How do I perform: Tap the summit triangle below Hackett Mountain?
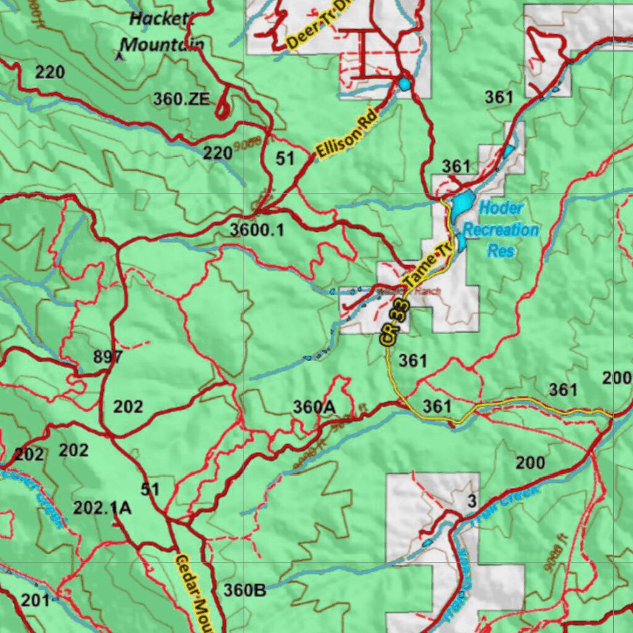120,56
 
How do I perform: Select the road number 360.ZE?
182,98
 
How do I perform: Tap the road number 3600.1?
257,230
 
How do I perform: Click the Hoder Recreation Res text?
501,229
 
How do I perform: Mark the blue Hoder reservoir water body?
461,206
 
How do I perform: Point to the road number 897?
108,357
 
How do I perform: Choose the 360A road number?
314,406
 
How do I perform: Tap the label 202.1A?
102,508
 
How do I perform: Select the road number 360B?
245,590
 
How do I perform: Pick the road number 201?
36,600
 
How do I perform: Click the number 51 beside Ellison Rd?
285,159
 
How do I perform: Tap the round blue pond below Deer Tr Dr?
404,83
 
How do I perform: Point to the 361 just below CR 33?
413,360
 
